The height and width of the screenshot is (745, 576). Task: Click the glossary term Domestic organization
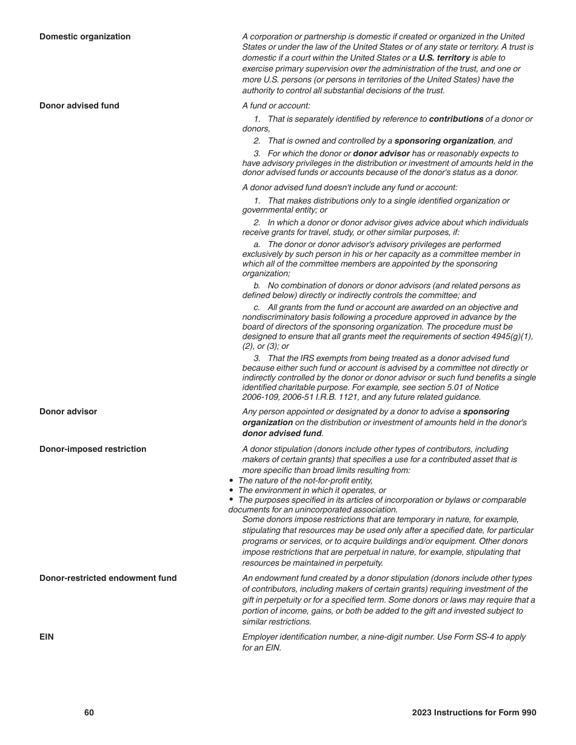[x=85, y=36]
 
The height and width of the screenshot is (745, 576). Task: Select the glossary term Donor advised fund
[x=79, y=105]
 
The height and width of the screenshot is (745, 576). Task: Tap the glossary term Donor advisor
[x=68, y=411]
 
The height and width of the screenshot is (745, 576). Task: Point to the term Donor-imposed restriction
[x=93, y=449]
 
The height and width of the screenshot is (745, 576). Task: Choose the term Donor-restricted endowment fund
[x=108, y=578]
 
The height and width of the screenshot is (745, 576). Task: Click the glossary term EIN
[x=47, y=637]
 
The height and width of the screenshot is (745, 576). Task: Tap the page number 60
[x=89, y=712]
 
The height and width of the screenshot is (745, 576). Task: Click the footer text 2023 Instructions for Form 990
[x=474, y=712]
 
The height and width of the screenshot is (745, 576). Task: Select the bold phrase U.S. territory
[x=444, y=58]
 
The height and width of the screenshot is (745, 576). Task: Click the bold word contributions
[x=456, y=119]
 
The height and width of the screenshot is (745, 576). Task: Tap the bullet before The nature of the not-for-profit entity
[x=232, y=480]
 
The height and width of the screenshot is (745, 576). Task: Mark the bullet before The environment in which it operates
[x=232, y=490]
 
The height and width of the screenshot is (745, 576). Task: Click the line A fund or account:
[x=276, y=105]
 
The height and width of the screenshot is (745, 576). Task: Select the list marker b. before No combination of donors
[x=257, y=286]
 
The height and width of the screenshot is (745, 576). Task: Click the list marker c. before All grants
[x=257, y=308]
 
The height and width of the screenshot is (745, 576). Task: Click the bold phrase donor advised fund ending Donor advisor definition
[x=282, y=434]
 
